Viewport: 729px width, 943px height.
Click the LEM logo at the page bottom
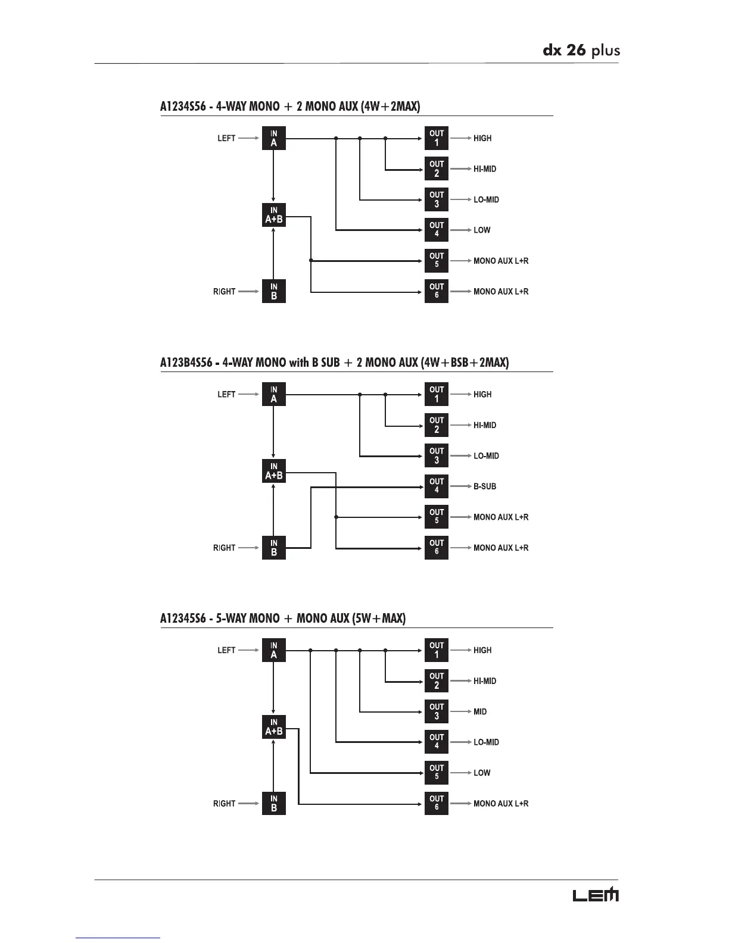(595, 895)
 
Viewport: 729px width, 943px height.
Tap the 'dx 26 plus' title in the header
(581, 50)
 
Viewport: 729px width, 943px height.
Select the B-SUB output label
(484, 486)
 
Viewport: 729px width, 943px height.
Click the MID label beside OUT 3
(479, 711)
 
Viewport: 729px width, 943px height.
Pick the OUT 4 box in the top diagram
(437, 230)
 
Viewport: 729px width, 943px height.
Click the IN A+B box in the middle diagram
(273, 471)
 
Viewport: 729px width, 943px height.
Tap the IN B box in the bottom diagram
(273, 803)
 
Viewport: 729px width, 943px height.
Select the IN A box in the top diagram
(273, 138)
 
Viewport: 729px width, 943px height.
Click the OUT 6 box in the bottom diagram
(437, 803)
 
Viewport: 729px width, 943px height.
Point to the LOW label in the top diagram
(482, 230)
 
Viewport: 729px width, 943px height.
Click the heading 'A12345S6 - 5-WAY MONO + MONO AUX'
(282, 618)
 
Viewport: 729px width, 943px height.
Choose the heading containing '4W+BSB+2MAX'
(334, 362)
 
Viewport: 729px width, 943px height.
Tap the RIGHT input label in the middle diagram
(224, 548)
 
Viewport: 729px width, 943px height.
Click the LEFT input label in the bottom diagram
(226, 650)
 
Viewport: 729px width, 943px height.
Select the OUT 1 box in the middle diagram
(437, 394)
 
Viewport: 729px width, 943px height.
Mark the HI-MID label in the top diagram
(484, 169)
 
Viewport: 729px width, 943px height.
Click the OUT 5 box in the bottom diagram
(437, 773)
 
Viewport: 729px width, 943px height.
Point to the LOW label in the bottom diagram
(482, 773)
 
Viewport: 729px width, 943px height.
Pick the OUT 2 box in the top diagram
(437, 168)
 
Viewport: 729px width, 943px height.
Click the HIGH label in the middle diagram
(482, 394)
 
